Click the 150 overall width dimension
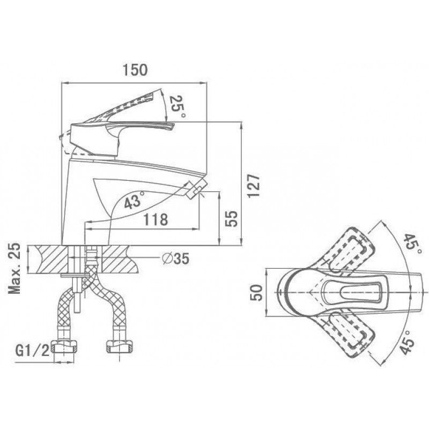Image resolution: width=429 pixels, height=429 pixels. pyautogui.click(x=135, y=70)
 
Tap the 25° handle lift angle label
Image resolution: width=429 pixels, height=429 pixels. pyautogui.click(x=177, y=106)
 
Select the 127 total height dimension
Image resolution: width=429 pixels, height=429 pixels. pyautogui.click(x=253, y=185)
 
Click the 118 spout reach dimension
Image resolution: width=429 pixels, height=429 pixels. pyautogui.click(x=156, y=219)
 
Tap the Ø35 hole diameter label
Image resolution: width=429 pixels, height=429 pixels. pyautogui.click(x=175, y=258)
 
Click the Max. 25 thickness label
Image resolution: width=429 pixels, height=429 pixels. pyautogui.click(x=14, y=268)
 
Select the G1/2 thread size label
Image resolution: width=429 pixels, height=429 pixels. pyautogui.click(x=32, y=351)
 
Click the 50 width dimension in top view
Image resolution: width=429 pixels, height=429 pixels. pyautogui.click(x=257, y=292)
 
